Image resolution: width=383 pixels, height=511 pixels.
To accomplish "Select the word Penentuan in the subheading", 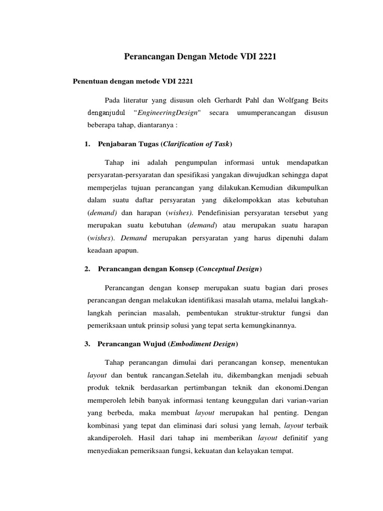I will (x=91, y=80).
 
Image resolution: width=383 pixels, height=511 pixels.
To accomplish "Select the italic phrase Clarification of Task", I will (x=197, y=144).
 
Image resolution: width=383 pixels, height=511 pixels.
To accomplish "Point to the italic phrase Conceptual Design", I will (x=229, y=269).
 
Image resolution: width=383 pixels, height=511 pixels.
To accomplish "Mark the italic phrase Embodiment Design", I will (x=204, y=344).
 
